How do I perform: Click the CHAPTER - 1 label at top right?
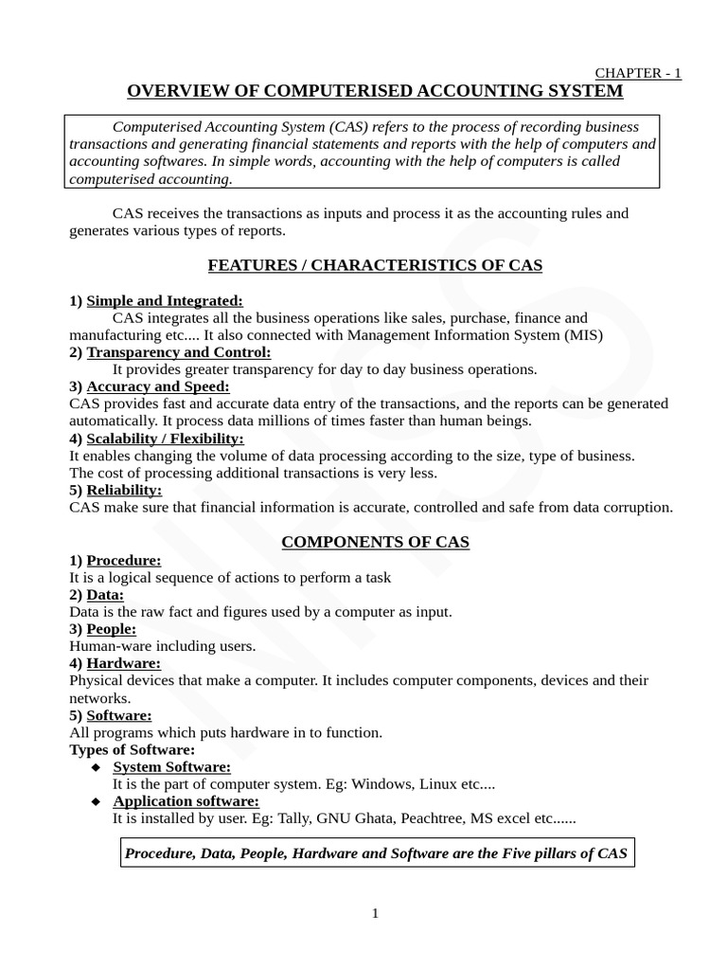(x=637, y=74)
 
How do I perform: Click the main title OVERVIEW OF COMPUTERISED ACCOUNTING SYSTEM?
(x=375, y=91)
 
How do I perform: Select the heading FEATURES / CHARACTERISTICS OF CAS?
(x=375, y=265)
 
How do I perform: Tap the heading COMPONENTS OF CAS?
(x=375, y=542)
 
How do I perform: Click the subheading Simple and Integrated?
(x=165, y=301)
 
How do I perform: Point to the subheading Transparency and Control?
(x=178, y=352)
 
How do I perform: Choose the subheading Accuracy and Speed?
(x=157, y=386)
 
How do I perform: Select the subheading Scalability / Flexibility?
(x=165, y=439)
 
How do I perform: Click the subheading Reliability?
(x=124, y=490)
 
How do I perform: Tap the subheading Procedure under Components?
(x=123, y=560)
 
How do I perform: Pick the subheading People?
(x=111, y=629)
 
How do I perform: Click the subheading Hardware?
(x=123, y=663)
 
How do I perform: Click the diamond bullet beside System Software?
(x=96, y=767)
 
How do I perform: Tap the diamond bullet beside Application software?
(x=96, y=801)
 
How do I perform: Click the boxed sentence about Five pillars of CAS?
(x=375, y=853)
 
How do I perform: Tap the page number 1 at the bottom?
(x=375, y=913)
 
